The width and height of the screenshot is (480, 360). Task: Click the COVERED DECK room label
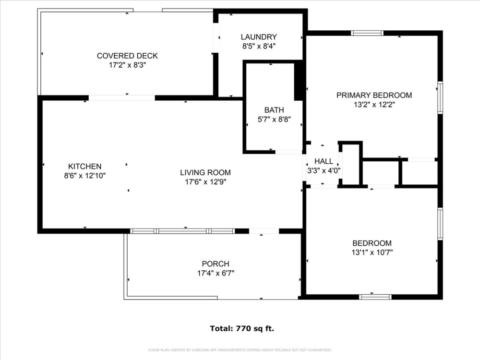(x=127, y=56)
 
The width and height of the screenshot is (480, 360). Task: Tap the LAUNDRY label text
(x=259, y=37)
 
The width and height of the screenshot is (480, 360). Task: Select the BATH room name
(x=274, y=110)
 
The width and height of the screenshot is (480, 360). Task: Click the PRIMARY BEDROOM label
(x=374, y=95)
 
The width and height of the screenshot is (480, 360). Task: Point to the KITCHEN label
(x=84, y=166)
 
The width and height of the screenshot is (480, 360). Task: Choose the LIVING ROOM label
(x=205, y=172)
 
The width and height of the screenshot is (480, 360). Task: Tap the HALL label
(x=323, y=161)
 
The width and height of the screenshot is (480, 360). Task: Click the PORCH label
(x=215, y=264)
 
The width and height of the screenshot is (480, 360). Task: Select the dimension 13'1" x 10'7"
(x=372, y=252)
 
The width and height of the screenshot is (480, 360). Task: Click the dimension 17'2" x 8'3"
(x=127, y=65)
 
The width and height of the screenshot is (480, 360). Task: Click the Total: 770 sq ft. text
(x=242, y=329)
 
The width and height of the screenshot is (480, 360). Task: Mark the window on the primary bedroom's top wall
(x=367, y=33)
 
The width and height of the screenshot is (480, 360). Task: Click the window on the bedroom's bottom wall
(x=375, y=297)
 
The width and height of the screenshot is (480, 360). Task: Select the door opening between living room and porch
(x=264, y=231)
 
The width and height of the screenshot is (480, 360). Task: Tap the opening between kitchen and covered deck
(x=121, y=98)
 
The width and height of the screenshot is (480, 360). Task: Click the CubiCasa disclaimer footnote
(x=240, y=350)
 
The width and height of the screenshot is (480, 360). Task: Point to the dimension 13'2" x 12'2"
(x=374, y=104)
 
